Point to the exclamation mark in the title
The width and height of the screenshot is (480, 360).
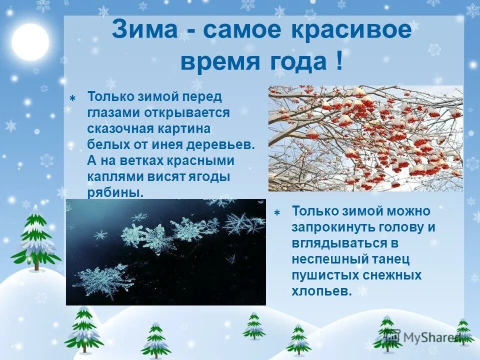coord(338,62)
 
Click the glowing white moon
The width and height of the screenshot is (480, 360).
coord(30,41)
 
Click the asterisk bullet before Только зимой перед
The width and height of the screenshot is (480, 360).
coord(72,98)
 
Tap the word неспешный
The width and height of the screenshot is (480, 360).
coord(324,259)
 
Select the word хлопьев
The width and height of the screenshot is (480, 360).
coord(321,291)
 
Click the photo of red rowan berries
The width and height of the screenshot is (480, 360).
coord(365,138)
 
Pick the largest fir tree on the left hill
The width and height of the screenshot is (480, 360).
coord(36,237)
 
